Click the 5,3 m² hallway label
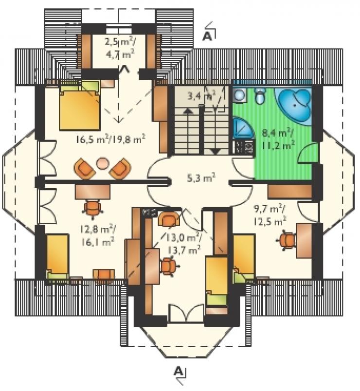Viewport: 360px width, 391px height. (x=201, y=178)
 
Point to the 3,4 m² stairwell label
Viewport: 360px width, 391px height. (x=201, y=95)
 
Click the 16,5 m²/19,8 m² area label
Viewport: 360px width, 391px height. (x=110, y=139)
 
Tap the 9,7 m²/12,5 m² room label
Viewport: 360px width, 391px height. (x=270, y=214)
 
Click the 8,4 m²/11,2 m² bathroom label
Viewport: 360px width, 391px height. (x=279, y=139)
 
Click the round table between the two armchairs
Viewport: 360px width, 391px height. (x=102, y=163)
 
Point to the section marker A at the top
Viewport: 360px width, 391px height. (x=208, y=36)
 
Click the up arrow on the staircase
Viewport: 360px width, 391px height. (x=187, y=111)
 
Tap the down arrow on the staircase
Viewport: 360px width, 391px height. (x=215, y=151)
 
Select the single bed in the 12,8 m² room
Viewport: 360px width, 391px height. (x=57, y=256)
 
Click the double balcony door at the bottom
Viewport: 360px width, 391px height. (x=186, y=313)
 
